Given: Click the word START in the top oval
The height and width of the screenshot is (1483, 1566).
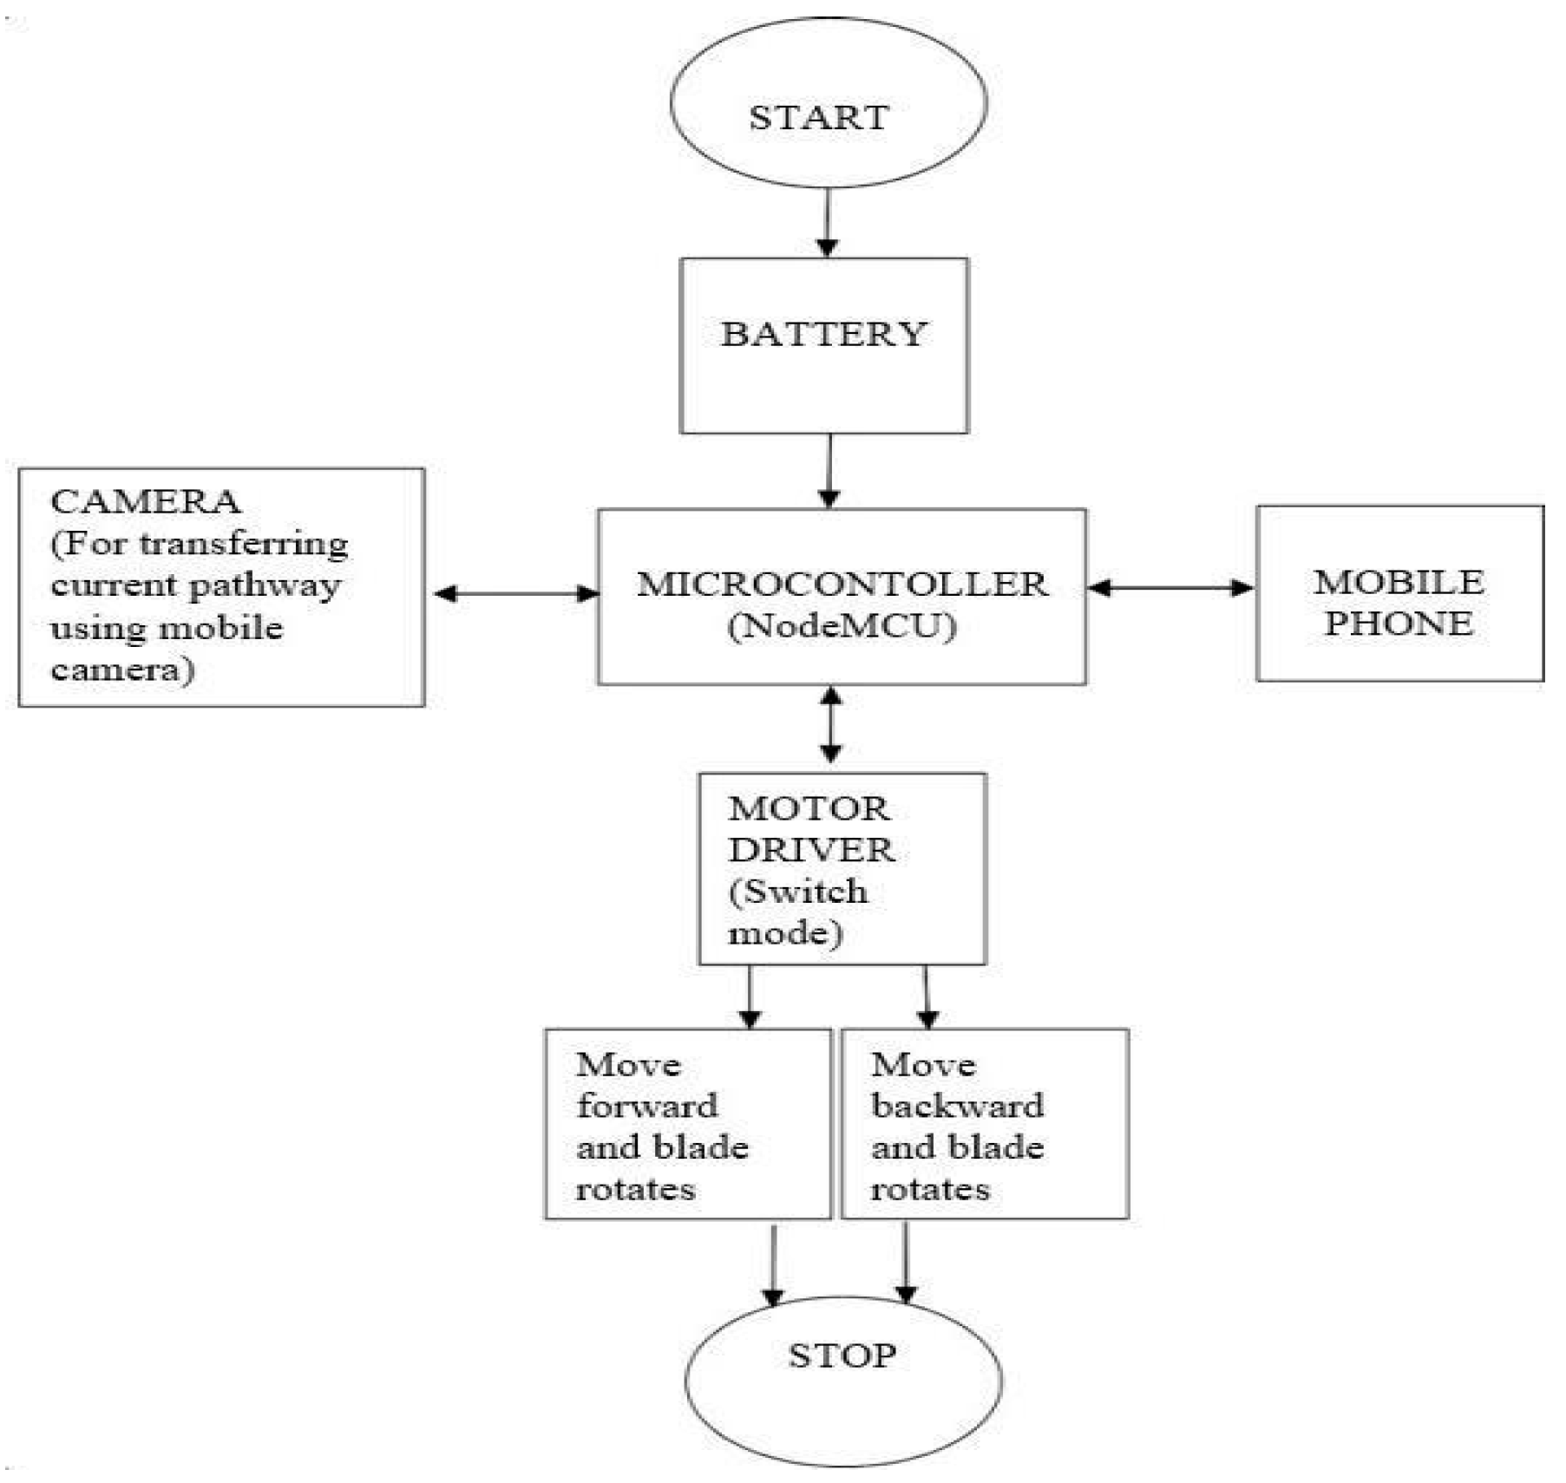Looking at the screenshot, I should point(818,117).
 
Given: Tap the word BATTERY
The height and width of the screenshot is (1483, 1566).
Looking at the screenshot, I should point(823,334).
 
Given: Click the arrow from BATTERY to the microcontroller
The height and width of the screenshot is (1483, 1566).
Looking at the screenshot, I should point(829,470).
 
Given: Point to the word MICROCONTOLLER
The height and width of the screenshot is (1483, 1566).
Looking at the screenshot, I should point(842,584).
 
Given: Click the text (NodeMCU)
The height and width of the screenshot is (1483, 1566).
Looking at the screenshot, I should point(842,625).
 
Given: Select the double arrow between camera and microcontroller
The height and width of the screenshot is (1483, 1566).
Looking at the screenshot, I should point(515,593).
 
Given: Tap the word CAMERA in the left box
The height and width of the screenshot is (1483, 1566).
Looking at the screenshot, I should point(145,501).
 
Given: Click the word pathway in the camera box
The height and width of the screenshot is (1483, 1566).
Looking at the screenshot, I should point(264,585).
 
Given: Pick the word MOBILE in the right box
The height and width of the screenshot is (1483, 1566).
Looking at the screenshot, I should point(1399,582).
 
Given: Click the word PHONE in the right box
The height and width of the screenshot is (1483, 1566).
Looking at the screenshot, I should point(1398,623).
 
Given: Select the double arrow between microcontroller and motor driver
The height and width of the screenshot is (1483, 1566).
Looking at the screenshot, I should point(831,725).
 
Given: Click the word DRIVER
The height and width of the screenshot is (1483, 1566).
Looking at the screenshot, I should point(811,850).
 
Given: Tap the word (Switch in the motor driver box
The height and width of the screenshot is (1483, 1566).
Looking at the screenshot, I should point(797,892).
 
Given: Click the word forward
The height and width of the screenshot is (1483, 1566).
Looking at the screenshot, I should point(647,1106).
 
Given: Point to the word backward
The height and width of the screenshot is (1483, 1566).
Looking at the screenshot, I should point(957,1106).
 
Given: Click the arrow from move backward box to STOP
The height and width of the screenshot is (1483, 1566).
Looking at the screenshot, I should point(906,1262).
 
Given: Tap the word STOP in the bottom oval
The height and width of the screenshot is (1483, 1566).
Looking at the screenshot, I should point(842,1355).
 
